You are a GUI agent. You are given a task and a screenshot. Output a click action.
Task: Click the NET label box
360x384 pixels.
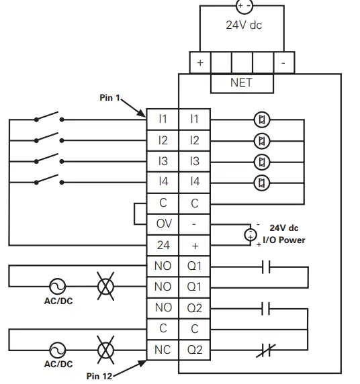[x=242, y=83]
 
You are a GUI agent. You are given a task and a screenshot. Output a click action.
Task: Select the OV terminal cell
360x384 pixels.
[x=163, y=223]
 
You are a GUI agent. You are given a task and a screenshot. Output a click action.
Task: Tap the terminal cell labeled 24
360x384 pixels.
[x=163, y=244]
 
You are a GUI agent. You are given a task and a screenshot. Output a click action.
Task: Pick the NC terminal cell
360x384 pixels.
[x=163, y=349]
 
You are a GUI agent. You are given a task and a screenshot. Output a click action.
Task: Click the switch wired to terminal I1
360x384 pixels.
[x=49, y=119]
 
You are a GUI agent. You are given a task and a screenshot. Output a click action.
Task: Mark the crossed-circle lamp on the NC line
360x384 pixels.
[x=105, y=350]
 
